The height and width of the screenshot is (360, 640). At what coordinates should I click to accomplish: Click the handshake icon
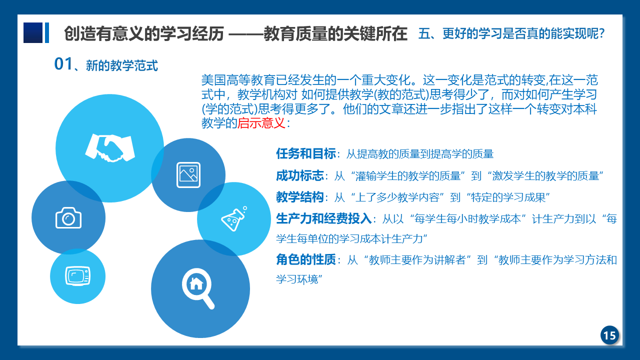click(x=110, y=148)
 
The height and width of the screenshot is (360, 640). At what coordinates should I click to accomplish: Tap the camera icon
click(x=68, y=217)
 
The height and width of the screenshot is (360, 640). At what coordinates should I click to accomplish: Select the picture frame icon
click(x=188, y=175)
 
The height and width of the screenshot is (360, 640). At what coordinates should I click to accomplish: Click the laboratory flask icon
click(x=234, y=219)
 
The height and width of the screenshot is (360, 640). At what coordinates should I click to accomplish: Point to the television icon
click(x=77, y=276)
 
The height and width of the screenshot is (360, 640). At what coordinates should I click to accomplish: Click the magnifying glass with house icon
click(x=198, y=288)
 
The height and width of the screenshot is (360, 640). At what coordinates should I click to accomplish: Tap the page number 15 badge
click(x=609, y=335)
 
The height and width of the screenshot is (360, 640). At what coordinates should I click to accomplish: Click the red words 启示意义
click(x=261, y=123)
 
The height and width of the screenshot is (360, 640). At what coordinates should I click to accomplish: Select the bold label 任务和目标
click(x=305, y=153)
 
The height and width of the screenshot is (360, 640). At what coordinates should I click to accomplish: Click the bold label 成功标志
click(x=299, y=175)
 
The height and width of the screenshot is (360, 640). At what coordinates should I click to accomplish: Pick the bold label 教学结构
click(x=299, y=197)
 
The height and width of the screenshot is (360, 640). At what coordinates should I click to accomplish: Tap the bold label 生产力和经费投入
click(x=323, y=218)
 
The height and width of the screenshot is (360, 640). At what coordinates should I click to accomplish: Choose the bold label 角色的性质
click(x=305, y=259)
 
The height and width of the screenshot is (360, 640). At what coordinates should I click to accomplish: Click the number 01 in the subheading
click(x=63, y=63)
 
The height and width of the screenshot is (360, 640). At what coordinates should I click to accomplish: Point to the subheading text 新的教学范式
click(x=121, y=65)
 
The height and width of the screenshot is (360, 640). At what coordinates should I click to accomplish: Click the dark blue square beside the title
click(x=33, y=32)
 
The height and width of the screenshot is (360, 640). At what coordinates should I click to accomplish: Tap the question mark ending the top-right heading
click(x=601, y=33)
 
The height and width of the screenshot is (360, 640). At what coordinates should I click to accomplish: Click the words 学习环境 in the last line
click(x=297, y=279)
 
